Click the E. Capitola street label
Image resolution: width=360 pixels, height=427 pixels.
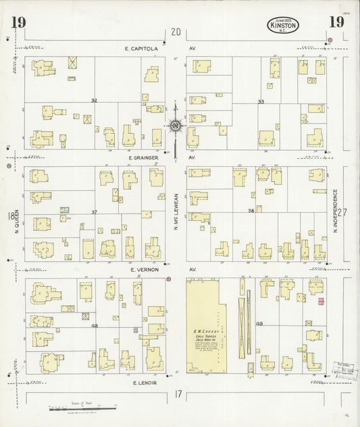point(140,49)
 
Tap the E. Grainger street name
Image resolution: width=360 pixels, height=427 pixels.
point(143,157)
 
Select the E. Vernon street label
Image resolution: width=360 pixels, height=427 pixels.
point(142,269)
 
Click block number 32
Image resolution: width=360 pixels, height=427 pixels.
point(95,100)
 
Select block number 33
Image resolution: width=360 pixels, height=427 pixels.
point(260,102)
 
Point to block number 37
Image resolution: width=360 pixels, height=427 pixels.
point(95,212)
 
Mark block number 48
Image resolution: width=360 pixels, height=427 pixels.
point(95,325)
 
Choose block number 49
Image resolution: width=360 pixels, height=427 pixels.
point(260,324)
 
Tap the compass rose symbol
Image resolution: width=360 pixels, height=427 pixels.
point(175,125)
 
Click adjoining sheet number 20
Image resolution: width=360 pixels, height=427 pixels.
point(176,32)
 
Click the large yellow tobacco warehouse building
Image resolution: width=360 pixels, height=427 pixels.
point(206,325)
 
